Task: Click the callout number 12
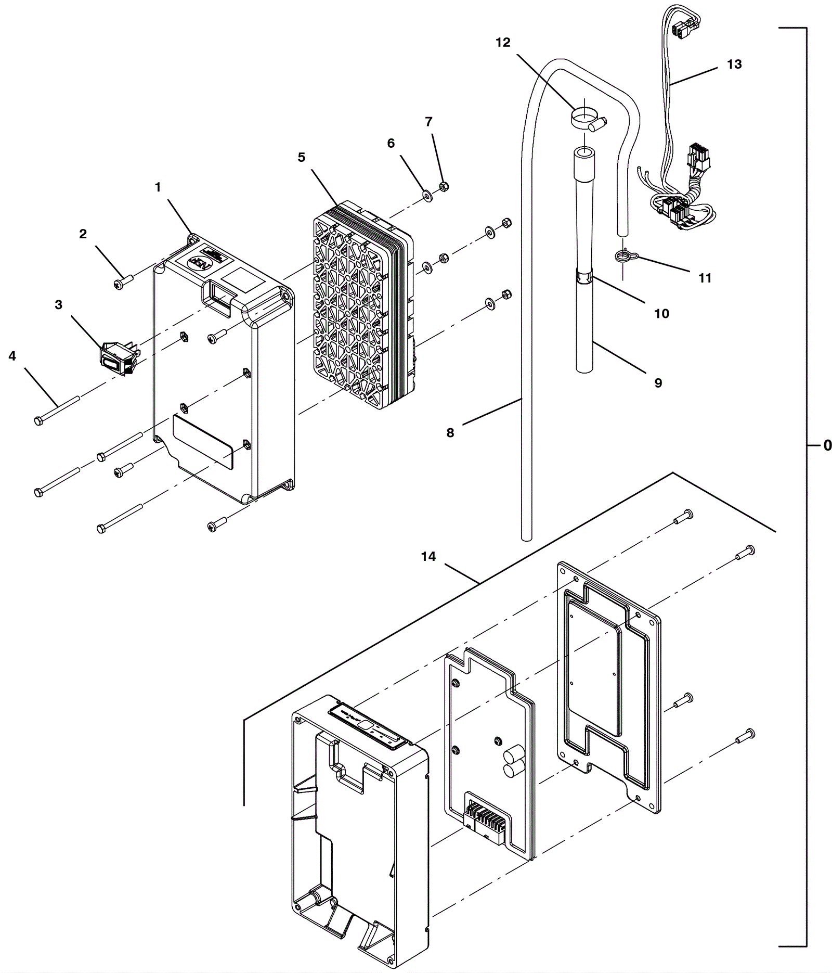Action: [503, 43]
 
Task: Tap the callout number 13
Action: [734, 65]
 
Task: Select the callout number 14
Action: [428, 557]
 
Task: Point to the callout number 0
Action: [827, 445]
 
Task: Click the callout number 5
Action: [302, 157]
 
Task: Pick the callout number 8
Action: [450, 432]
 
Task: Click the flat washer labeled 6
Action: [428, 196]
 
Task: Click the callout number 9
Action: [658, 383]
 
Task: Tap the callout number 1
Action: [158, 187]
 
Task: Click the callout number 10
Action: [661, 314]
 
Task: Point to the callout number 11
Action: [705, 278]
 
